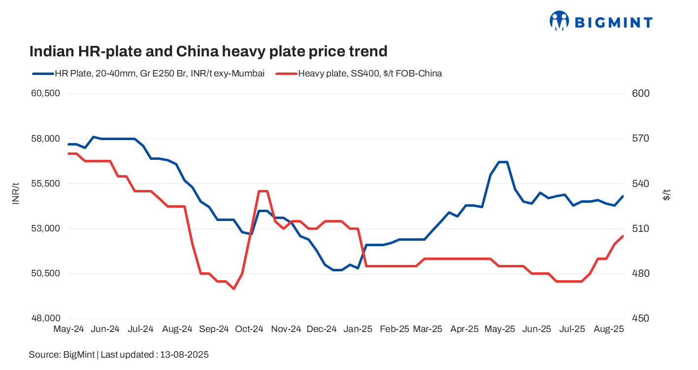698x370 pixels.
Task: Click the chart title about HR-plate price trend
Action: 208,51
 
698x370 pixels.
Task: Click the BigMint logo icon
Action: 559,21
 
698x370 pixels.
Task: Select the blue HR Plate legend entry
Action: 148,74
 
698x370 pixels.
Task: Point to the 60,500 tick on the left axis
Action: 45,94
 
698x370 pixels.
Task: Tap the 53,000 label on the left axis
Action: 45,229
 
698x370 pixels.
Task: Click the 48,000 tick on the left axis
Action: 45,319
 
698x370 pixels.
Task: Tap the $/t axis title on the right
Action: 666,194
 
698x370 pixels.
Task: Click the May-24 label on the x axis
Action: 68,329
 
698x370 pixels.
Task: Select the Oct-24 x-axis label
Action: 249,329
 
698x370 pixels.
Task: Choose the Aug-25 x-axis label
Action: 609,329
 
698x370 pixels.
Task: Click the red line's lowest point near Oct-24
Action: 233,289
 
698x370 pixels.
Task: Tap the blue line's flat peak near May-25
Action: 502,162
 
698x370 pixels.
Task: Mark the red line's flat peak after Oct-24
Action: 263,191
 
